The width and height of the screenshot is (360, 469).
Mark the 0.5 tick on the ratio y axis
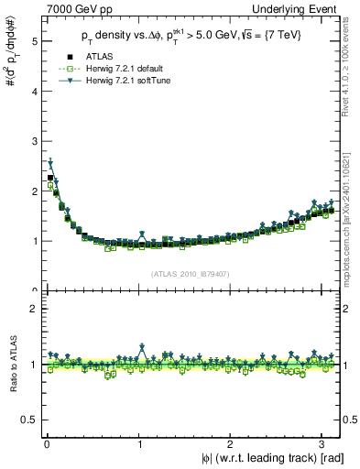28,420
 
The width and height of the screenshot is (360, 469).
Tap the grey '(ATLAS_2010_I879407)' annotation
189,274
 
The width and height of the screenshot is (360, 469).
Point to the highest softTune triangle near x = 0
51,163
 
